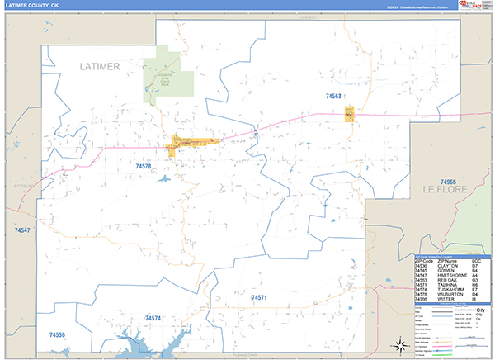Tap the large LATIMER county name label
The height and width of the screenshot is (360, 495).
(x=101, y=66)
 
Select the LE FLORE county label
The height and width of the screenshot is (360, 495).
(x=445, y=190)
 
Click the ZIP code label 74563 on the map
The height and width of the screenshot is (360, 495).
(x=333, y=97)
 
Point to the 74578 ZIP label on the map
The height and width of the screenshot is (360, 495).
(x=144, y=166)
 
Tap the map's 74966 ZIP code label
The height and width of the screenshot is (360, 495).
(x=448, y=181)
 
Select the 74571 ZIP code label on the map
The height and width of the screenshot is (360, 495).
(x=259, y=296)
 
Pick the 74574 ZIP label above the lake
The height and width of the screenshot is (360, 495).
(x=153, y=318)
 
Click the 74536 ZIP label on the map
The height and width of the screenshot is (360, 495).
(x=57, y=334)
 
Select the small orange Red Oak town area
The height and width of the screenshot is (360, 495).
(x=350, y=114)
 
